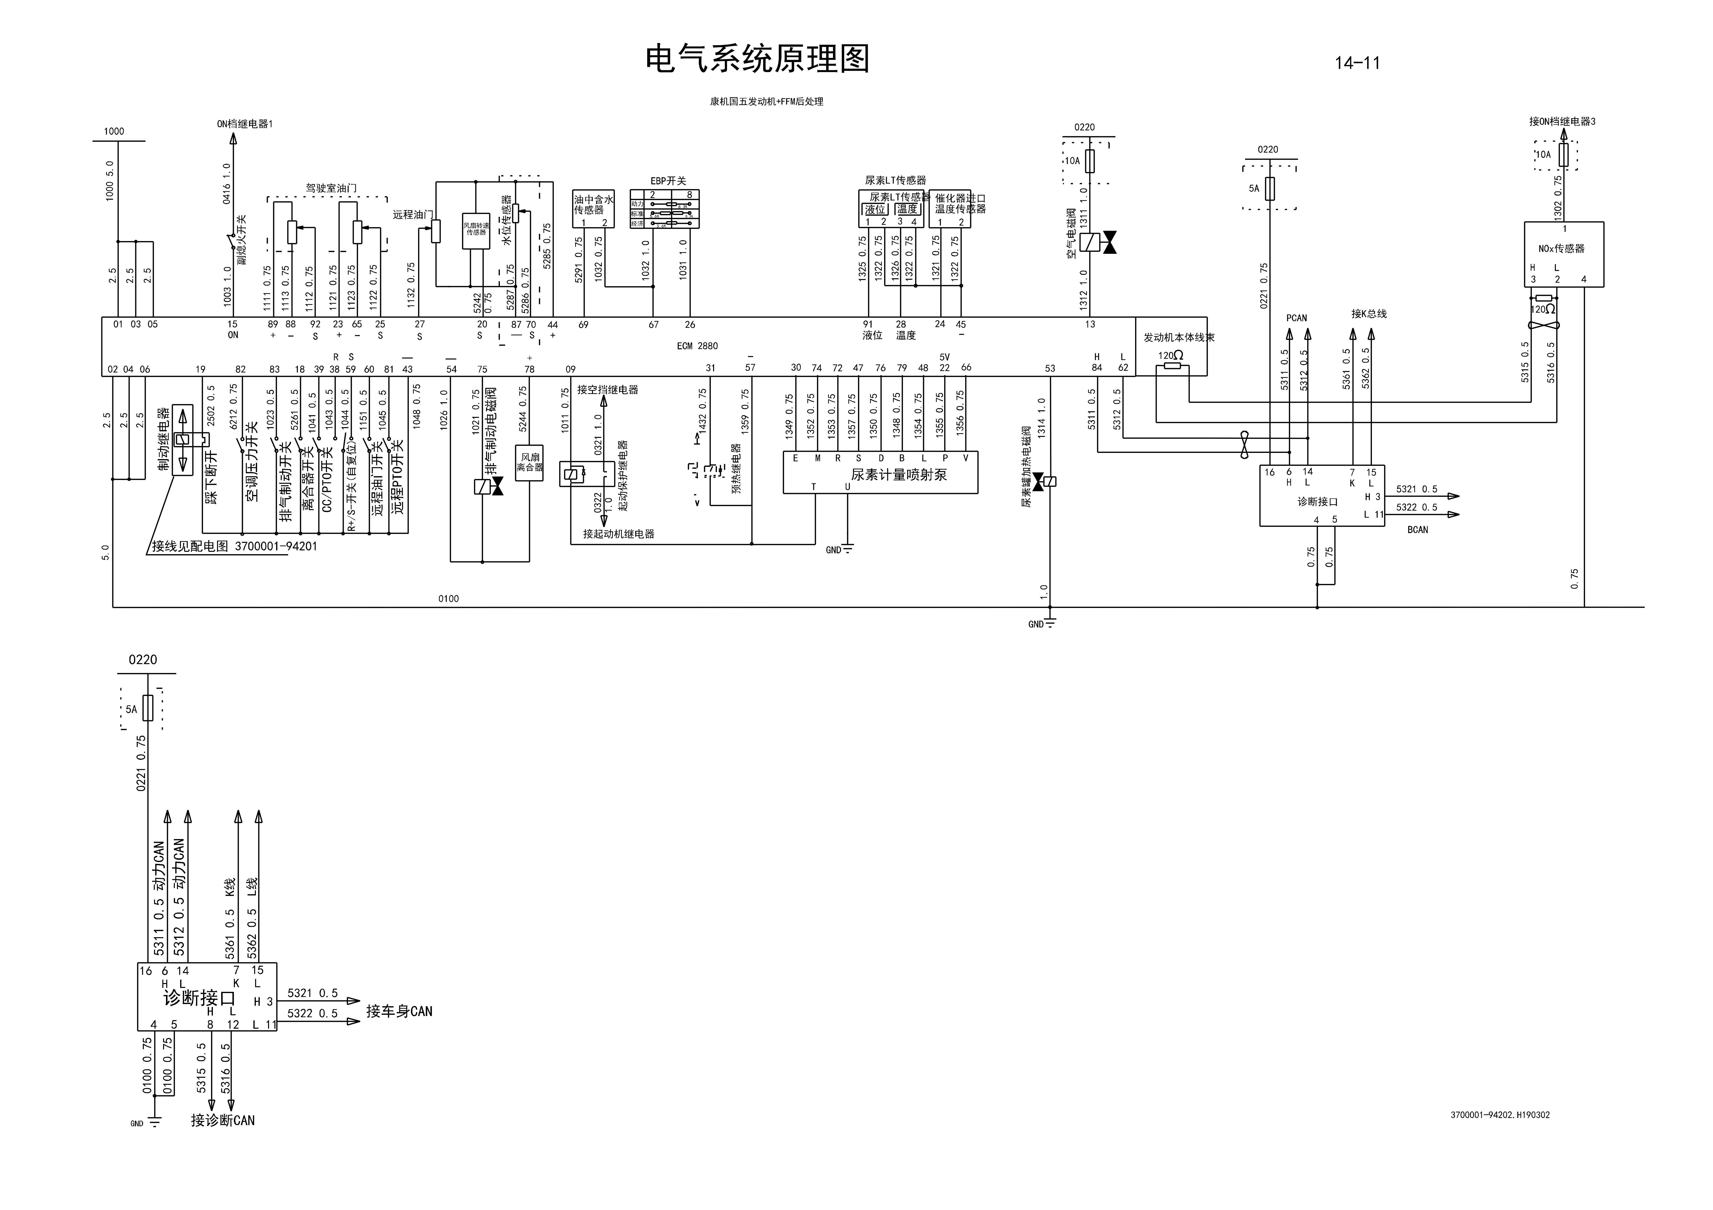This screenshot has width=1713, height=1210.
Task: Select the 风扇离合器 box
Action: click(x=530, y=462)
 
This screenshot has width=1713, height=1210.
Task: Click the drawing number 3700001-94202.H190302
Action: click(x=1500, y=1115)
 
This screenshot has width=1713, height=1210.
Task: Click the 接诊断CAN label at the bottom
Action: click(x=222, y=1120)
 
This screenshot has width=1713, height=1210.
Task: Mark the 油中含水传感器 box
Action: click(x=593, y=208)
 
